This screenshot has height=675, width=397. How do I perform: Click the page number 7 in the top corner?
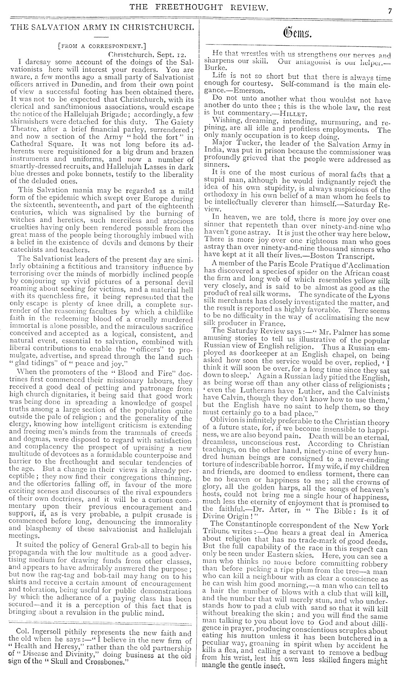click(390, 10)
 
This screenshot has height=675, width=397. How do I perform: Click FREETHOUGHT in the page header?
click(187, 7)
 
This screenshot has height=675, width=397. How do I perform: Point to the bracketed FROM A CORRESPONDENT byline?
click(102, 46)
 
